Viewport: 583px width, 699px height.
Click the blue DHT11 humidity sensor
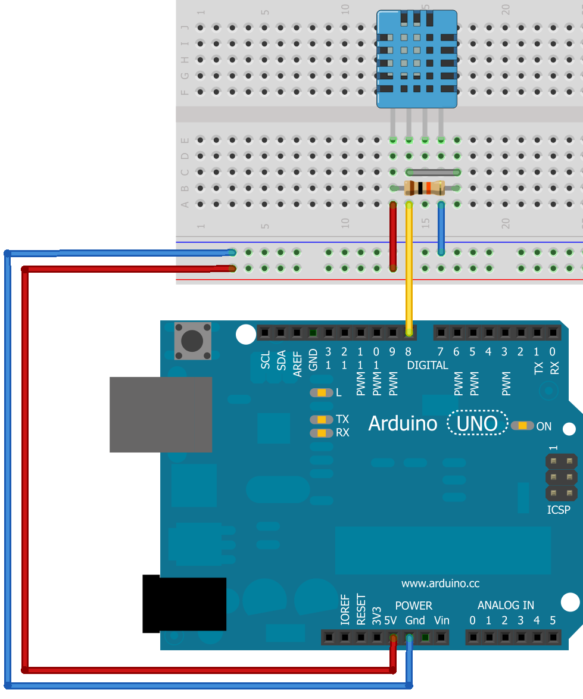point(416,60)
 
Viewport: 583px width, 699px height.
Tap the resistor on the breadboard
point(424,188)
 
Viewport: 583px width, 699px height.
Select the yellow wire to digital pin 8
point(409,268)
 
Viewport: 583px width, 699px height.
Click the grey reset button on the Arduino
point(192,341)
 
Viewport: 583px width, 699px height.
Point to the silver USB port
point(161,414)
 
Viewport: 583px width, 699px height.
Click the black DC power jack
point(185,604)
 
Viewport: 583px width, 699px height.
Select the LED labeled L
point(322,392)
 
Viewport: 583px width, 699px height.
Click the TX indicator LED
point(322,420)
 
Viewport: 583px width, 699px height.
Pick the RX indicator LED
point(322,433)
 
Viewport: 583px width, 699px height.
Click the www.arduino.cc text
point(440,583)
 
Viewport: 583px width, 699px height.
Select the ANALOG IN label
point(506,606)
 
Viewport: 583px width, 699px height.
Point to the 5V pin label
point(391,620)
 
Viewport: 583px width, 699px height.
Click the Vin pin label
point(441,620)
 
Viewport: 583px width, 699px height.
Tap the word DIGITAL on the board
point(428,365)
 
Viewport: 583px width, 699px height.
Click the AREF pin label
point(298,361)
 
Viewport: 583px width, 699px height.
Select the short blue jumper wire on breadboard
point(441,229)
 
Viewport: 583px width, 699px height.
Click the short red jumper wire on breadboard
point(393,236)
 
